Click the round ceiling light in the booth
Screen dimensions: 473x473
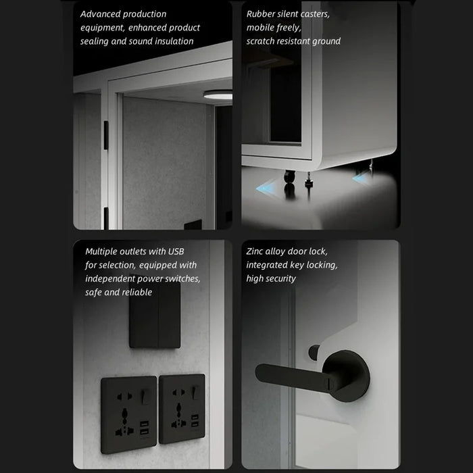[218, 95]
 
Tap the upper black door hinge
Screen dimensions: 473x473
[106, 135]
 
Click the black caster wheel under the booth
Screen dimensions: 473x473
[290, 176]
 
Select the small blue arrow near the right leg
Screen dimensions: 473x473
[360, 177]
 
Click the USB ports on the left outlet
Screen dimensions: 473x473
[144, 428]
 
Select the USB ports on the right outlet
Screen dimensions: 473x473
[195, 420]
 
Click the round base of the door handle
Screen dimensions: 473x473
[346, 376]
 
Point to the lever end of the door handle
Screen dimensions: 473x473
[262, 372]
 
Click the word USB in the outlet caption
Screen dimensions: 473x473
[176, 251]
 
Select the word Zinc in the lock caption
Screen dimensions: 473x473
[254, 251]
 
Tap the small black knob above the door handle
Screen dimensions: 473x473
[314, 352]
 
